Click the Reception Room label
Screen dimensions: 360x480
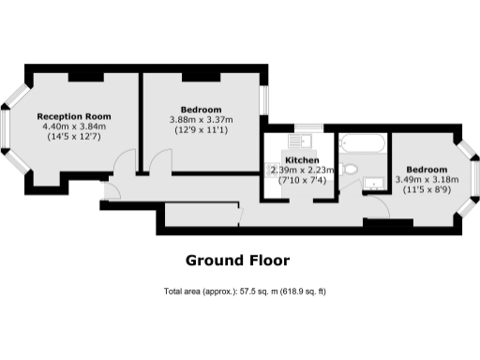[x=74, y=116]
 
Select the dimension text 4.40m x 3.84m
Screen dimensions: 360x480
[x=74, y=127]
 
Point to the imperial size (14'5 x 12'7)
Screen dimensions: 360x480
[x=74, y=137]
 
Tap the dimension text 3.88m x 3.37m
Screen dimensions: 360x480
[x=201, y=119]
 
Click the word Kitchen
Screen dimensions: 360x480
[x=299, y=160]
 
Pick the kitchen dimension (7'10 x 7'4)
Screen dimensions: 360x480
[x=299, y=180]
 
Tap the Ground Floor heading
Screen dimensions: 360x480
[x=237, y=260]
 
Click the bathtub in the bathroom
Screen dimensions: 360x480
[x=362, y=144]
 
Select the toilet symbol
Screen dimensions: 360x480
[x=349, y=170]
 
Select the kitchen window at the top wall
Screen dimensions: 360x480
[x=308, y=127]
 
